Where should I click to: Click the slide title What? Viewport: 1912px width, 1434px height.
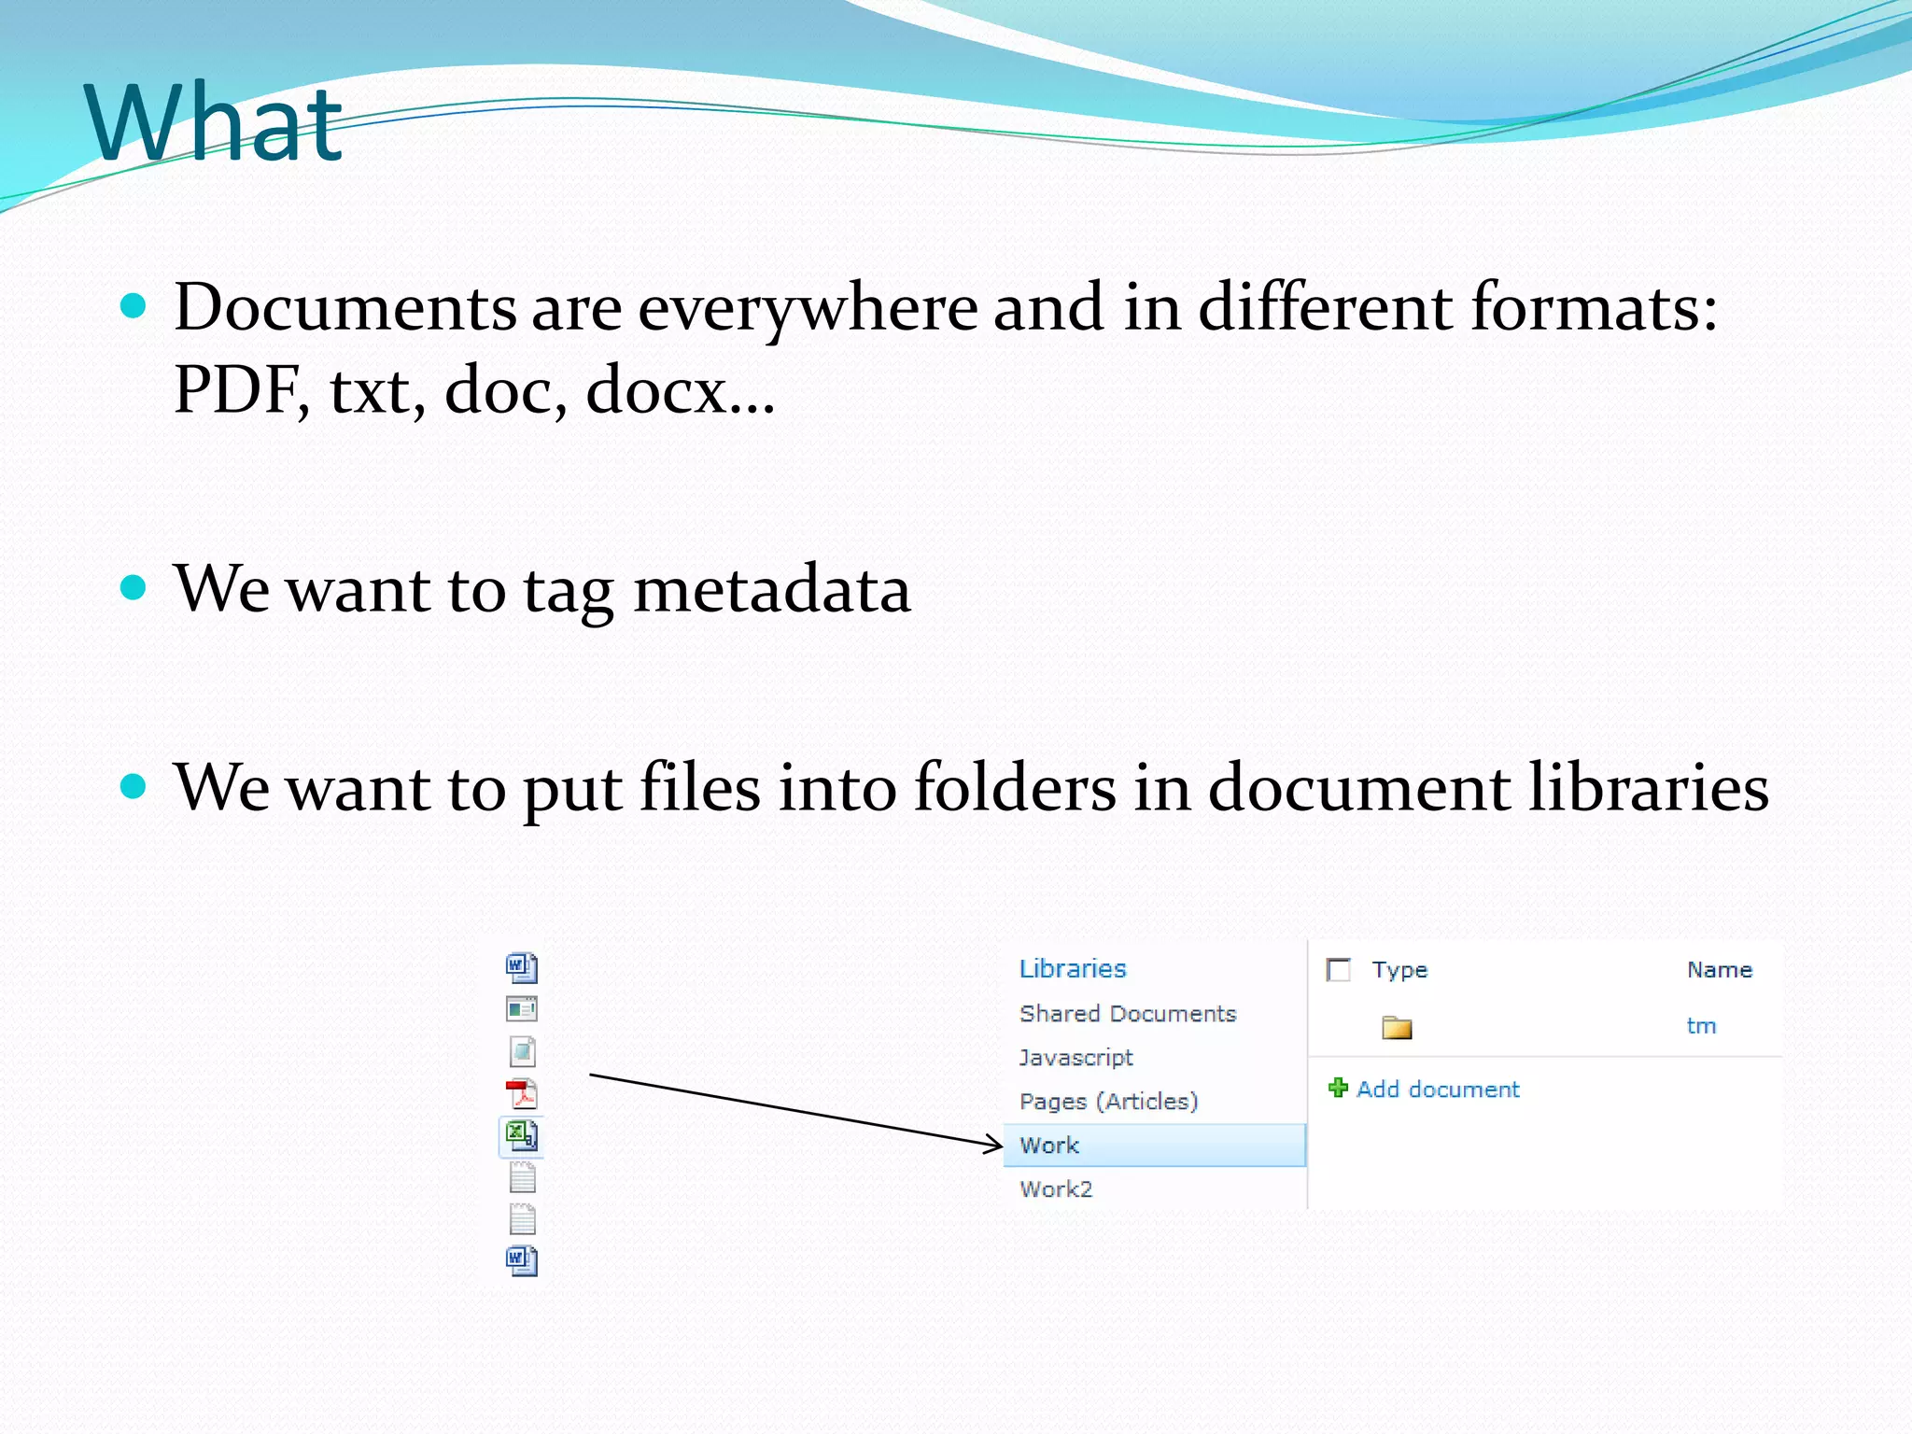pyautogui.click(x=214, y=124)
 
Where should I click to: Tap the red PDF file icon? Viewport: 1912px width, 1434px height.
pyautogui.click(x=522, y=1093)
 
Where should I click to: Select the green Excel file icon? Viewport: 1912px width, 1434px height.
pyautogui.click(x=522, y=1135)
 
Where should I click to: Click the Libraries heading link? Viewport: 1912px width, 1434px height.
pyautogui.click(x=1073, y=969)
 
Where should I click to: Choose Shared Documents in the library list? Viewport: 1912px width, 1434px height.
pyautogui.click(x=1128, y=1014)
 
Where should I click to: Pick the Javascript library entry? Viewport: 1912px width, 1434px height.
pyautogui.click(x=1075, y=1058)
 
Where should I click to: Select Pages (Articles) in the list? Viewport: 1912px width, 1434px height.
pyautogui.click(x=1108, y=1102)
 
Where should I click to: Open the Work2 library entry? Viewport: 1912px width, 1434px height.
pyautogui.click(x=1056, y=1189)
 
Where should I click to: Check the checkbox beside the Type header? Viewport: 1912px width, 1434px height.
pyautogui.click(x=1339, y=970)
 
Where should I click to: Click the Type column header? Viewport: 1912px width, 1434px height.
pyautogui.click(x=1399, y=970)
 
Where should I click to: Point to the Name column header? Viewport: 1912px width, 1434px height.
pyautogui.click(x=1720, y=970)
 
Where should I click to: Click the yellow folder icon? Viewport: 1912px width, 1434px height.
pyautogui.click(x=1397, y=1027)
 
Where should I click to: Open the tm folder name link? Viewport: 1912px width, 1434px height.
pyautogui.click(x=1701, y=1026)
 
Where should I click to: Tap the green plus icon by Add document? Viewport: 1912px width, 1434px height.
pyautogui.click(x=1338, y=1088)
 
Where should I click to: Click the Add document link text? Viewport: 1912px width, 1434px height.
pyautogui.click(x=1438, y=1090)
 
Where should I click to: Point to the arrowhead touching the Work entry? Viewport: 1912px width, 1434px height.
pyautogui.click(x=996, y=1144)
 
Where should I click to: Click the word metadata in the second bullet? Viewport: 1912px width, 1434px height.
pyautogui.click(x=771, y=589)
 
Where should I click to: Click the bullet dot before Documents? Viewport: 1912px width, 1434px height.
pyautogui.click(x=134, y=305)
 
